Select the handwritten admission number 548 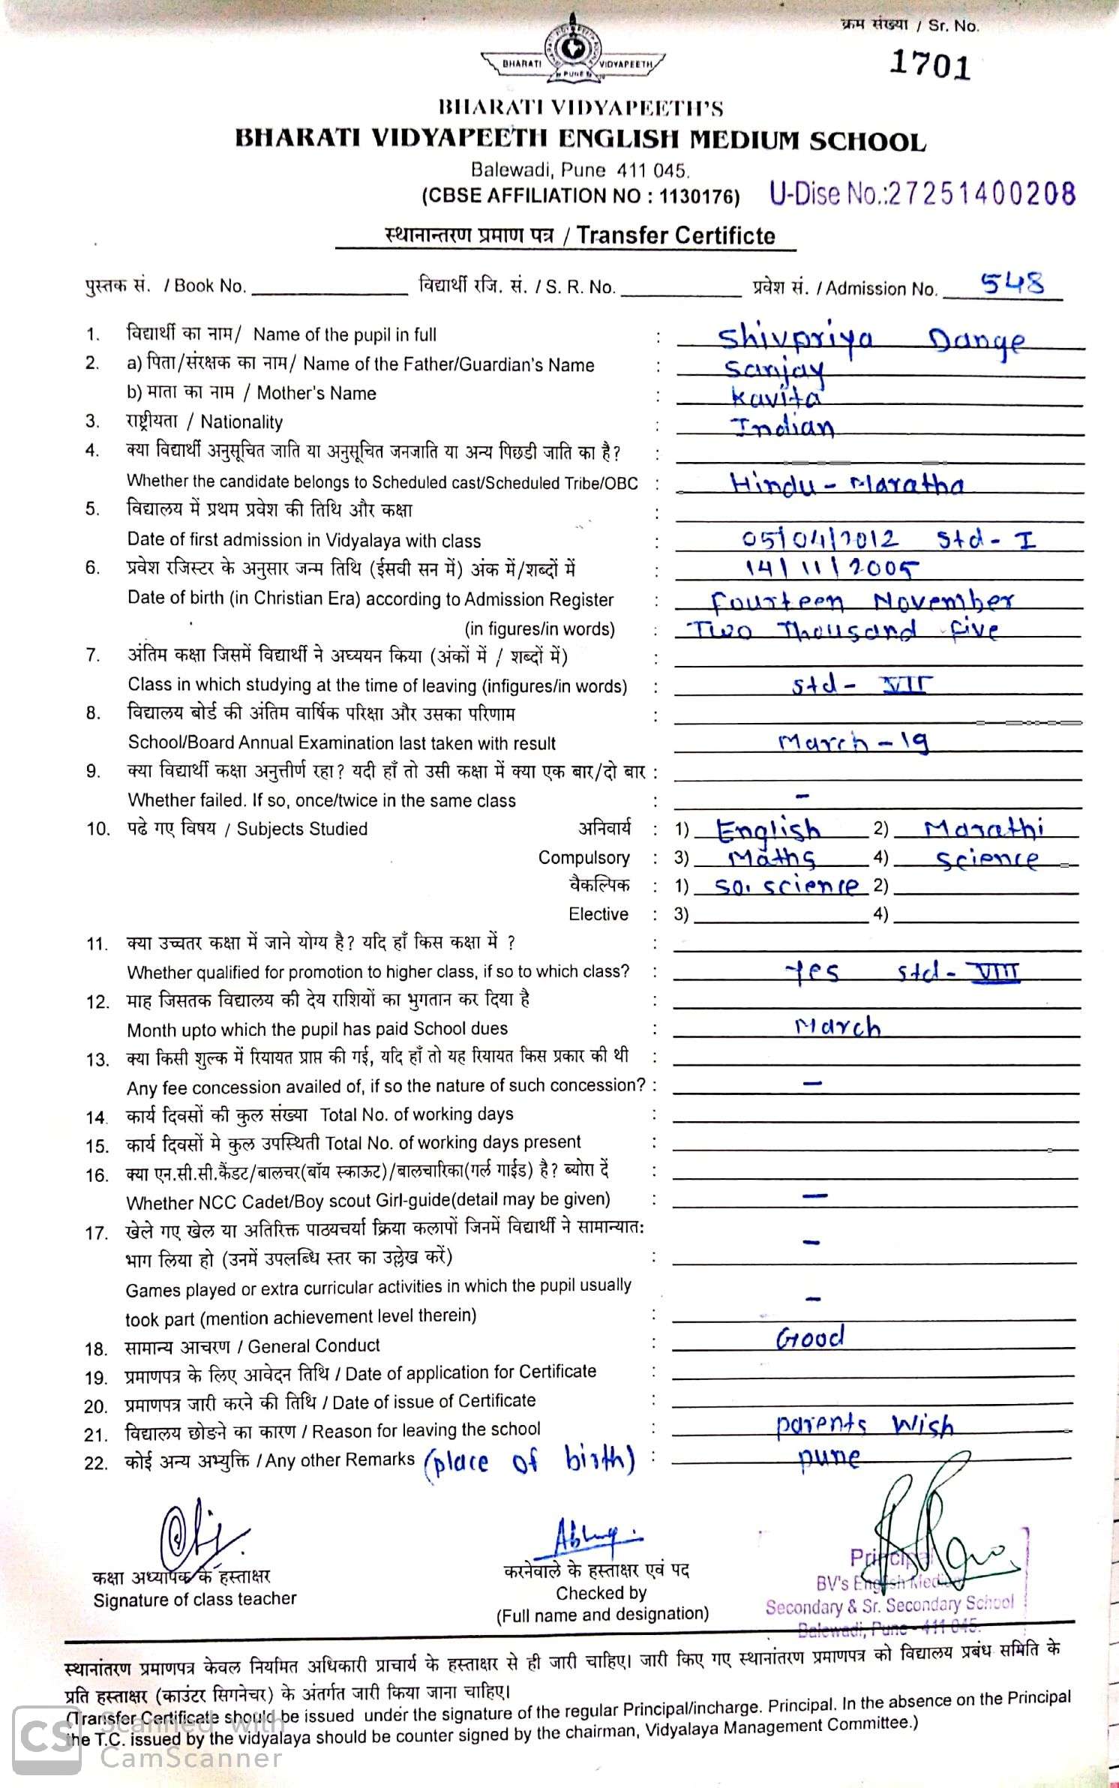point(1012,283)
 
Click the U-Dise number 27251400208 point(922,193)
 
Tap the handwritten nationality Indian point(782,426)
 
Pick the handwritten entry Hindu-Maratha point(847,484)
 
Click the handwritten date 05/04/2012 point(819,539)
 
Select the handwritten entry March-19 point(853,742)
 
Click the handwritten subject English point(768,830)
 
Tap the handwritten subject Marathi point(983,829)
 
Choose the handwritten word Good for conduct point(810,1336)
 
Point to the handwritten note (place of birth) point(529,1461)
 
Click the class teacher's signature point(198,1532)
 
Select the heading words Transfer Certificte point(675,235)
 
